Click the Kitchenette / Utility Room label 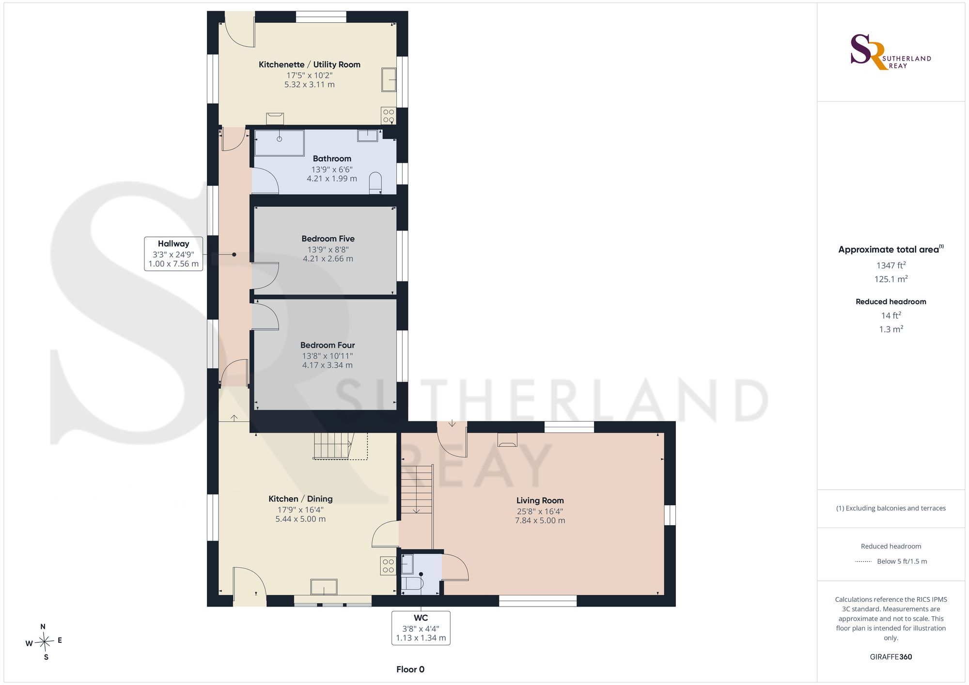click(310, 64)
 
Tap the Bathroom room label click(332, 158)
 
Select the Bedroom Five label click(328, 239)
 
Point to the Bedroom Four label click(328, 345)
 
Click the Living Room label click(540, 501)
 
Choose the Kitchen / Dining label click(300, 499)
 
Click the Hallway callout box click(173, 254)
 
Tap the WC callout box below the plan click(421, 628)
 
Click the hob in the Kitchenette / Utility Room click(389, 115)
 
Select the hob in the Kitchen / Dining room click(388, 566)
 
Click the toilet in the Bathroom click(375, 184)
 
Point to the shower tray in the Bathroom click(280, 143)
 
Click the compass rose click(44, 642)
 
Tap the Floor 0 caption click(410, 669)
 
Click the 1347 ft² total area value click(891, 265)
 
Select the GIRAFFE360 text click(891, 657)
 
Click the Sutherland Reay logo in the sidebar click(891, 52)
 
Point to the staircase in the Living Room click(417, 489)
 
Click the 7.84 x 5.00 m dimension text click(540, 521)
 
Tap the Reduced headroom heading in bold click(891, 302)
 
